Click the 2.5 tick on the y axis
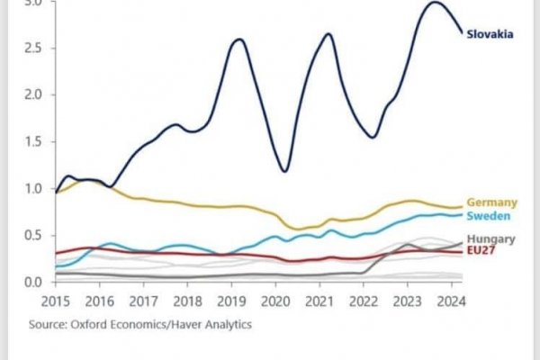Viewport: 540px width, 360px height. (32, 48)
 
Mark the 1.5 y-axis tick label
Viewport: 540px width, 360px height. (32, 142)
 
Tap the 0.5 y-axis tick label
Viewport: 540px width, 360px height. (32, 236)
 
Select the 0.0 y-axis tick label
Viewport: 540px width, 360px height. (32, 283)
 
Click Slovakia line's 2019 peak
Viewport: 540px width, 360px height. (238, 40)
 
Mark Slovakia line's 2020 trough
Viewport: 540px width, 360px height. (284, 170)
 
